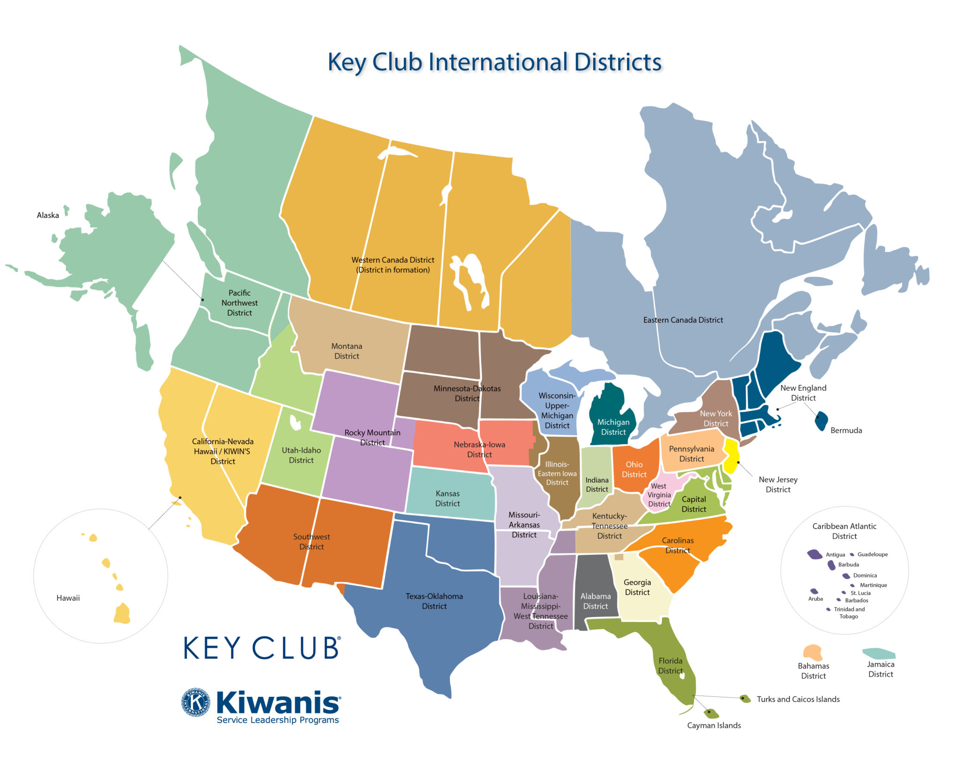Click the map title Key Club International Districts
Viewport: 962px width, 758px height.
[494, 62]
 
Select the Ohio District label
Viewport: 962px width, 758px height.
[634, 469]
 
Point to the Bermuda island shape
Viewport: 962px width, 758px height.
[821, 421]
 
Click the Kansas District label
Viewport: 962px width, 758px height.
[447, 499]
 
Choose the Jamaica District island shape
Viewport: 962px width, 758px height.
[879, 653]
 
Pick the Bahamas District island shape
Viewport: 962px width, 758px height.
[813, 652]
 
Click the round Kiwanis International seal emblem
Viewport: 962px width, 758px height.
[195, 703]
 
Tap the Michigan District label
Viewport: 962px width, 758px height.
[613, 427]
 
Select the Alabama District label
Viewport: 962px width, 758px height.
[595, 601]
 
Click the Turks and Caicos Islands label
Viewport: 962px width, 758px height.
[798, 699]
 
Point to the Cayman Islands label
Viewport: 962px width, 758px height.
[714, 726]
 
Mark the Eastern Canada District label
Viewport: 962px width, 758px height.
[683, 320]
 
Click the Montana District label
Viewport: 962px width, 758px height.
[347, 351]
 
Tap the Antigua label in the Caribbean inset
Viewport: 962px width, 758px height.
[835, 555]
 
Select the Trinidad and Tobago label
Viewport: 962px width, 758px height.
[849, 613]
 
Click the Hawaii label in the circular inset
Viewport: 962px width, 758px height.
[68, 598]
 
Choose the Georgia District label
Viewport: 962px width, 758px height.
[637, 587]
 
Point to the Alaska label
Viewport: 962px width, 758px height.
[48, 215]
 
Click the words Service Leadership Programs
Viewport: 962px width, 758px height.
[278, 720]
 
